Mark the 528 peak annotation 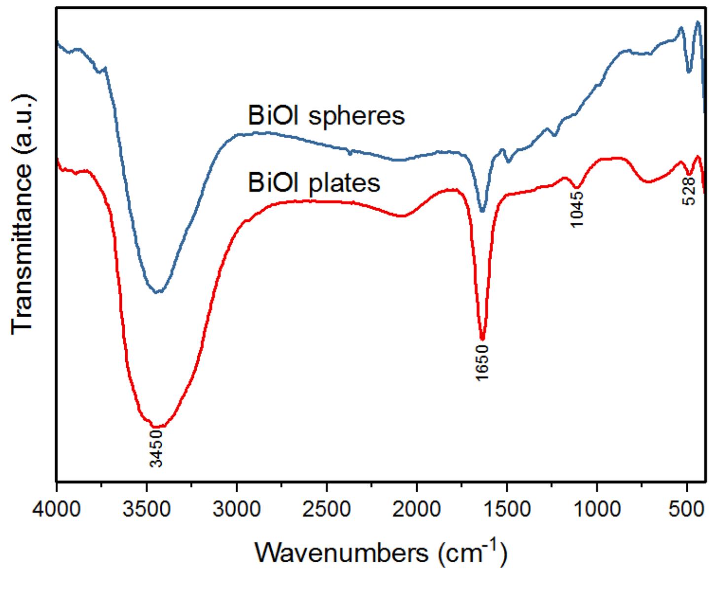click(689, 191)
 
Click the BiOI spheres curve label click(326, 116)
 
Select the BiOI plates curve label click(314, 182)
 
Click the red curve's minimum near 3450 click(157, 427)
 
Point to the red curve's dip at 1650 click(483, 339)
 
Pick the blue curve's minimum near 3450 click(157, 292)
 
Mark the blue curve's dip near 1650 click(482, 211)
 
